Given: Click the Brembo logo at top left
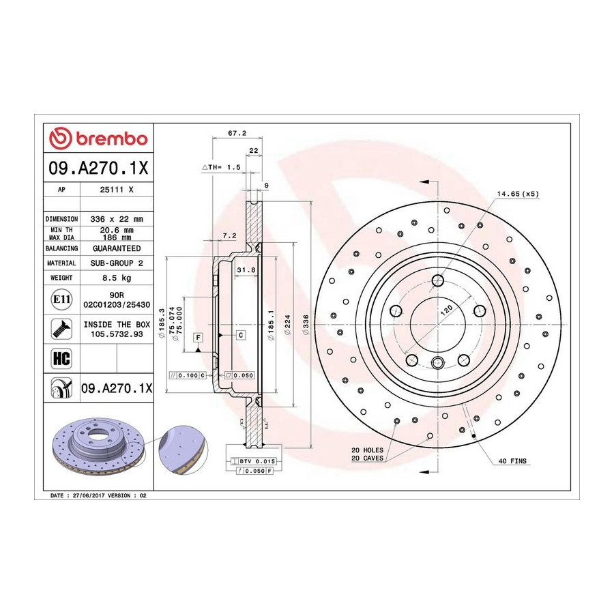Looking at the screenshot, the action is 98,138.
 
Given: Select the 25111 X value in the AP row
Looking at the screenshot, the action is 117,190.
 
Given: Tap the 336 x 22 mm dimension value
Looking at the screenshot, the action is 117,219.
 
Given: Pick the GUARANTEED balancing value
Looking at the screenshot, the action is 117,248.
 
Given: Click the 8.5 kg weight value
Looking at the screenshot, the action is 117,278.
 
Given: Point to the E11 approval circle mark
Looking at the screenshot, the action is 62,299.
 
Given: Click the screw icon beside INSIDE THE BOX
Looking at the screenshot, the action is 62,329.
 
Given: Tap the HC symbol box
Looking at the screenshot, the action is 62,358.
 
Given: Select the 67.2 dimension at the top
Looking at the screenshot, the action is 237,133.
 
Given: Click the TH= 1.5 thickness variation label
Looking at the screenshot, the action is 222,167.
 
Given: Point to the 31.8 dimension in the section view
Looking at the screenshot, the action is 246,269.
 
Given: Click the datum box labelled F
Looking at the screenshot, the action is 199,337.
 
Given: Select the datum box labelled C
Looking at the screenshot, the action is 241,335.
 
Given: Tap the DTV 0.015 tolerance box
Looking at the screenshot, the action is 253,461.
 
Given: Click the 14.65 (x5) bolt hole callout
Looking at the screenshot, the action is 518,194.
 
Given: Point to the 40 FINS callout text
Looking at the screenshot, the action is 512,461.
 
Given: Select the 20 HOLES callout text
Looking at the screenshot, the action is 367,450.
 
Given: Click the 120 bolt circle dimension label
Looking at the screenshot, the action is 447,310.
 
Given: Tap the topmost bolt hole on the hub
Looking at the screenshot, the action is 438,280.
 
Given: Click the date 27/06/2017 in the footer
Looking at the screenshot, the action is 89,495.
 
